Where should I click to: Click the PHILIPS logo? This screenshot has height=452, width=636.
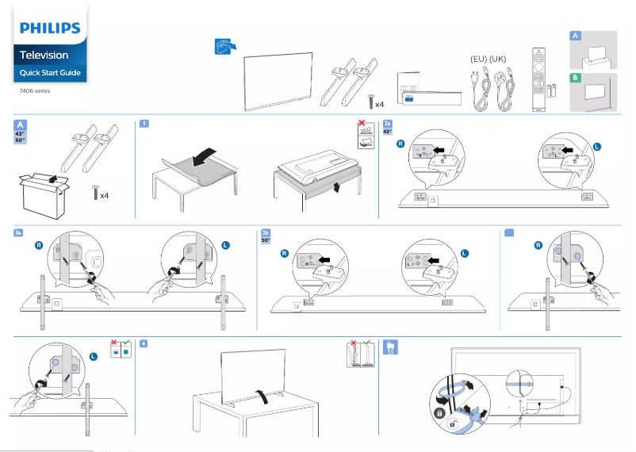pos(50,29)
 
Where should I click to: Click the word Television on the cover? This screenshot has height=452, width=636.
pos(44,56)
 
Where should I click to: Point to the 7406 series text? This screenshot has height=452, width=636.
pos(35,91)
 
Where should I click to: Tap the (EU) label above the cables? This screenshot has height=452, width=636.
pos(478,59)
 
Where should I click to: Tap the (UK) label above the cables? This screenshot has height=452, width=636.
pos(498,59)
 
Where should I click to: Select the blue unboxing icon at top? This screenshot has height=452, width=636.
pos(225,46)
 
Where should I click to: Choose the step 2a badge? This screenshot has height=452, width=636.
pos(387,124)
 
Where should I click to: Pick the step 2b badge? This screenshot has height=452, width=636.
pos(266,232)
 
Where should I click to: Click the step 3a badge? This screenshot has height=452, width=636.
pos(19,232)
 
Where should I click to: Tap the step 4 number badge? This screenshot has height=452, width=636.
pos(143,343)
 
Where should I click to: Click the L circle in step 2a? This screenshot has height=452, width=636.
pos(597,147)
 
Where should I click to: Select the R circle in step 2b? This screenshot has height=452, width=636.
pos(284,254)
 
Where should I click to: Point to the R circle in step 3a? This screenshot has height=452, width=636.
pos(38,246)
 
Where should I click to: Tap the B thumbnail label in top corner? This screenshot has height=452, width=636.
pos(575,78)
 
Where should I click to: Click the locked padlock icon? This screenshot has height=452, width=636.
pos(439,412)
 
